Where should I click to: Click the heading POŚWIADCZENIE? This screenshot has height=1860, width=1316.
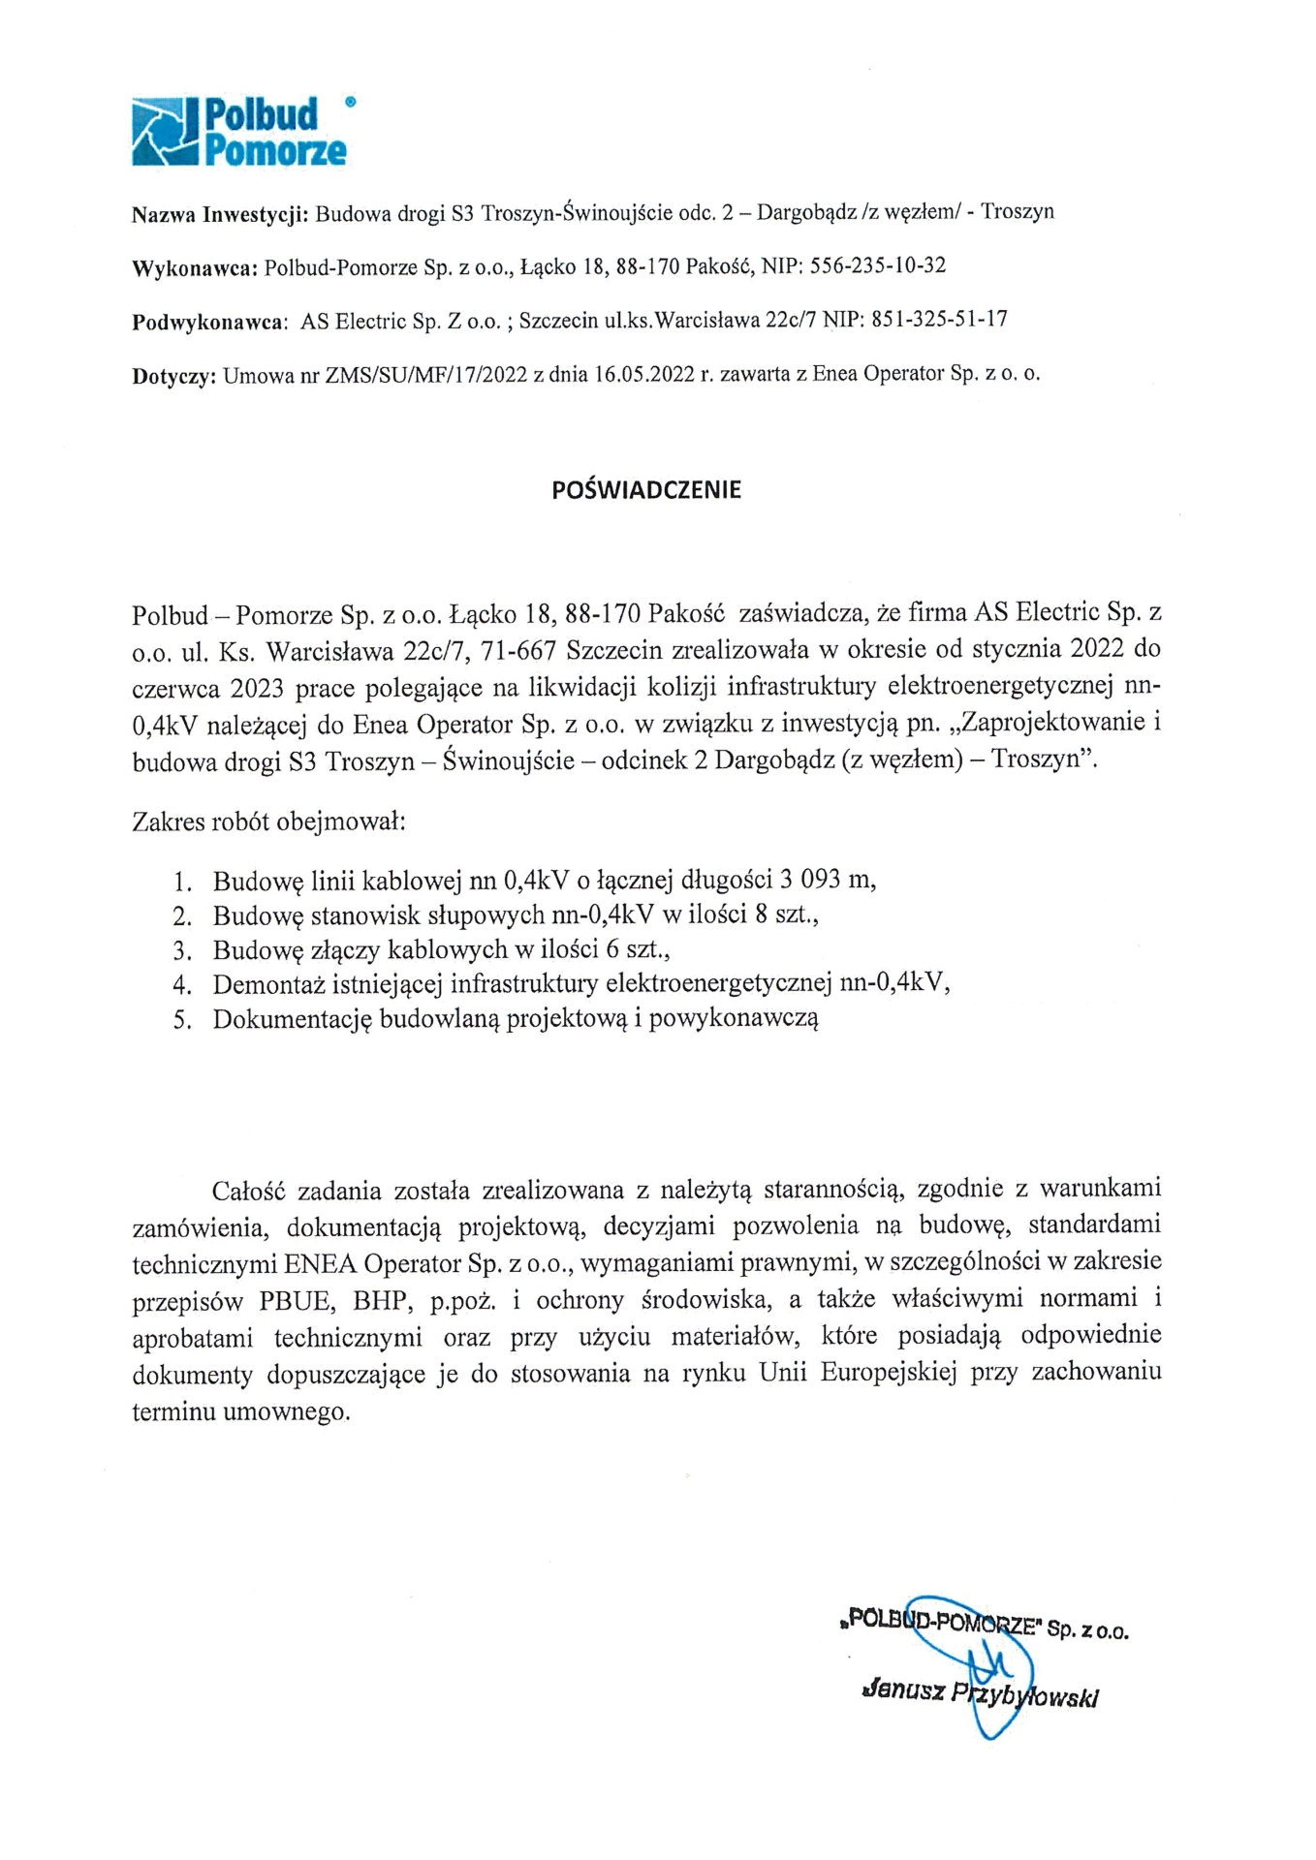tap(645, 490)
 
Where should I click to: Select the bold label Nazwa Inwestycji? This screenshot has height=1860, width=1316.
tap(220, 213)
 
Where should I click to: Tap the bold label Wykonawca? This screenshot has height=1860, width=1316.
tap(194, 266)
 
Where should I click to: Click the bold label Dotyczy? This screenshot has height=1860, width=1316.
tap(172, 376)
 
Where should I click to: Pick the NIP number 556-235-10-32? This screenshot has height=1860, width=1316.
tap(877, 265)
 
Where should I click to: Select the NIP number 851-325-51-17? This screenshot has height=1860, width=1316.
tap(939, 320)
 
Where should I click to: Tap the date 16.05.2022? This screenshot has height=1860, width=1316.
tap(641, 376)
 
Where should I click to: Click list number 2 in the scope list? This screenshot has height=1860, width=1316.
tap(180, 915)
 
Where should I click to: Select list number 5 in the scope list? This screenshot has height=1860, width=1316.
tap(180, 1020)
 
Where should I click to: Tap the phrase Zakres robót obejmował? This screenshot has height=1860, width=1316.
tap(267, 824)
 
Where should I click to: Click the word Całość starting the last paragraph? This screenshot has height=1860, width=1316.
tap(247, 1190)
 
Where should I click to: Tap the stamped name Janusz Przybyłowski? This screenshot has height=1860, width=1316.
tap(979, 1693)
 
